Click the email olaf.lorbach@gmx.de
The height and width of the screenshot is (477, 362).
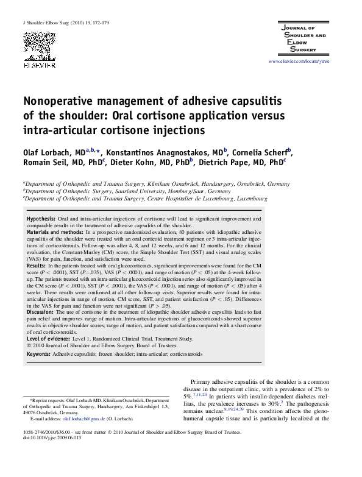pos(86,420)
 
